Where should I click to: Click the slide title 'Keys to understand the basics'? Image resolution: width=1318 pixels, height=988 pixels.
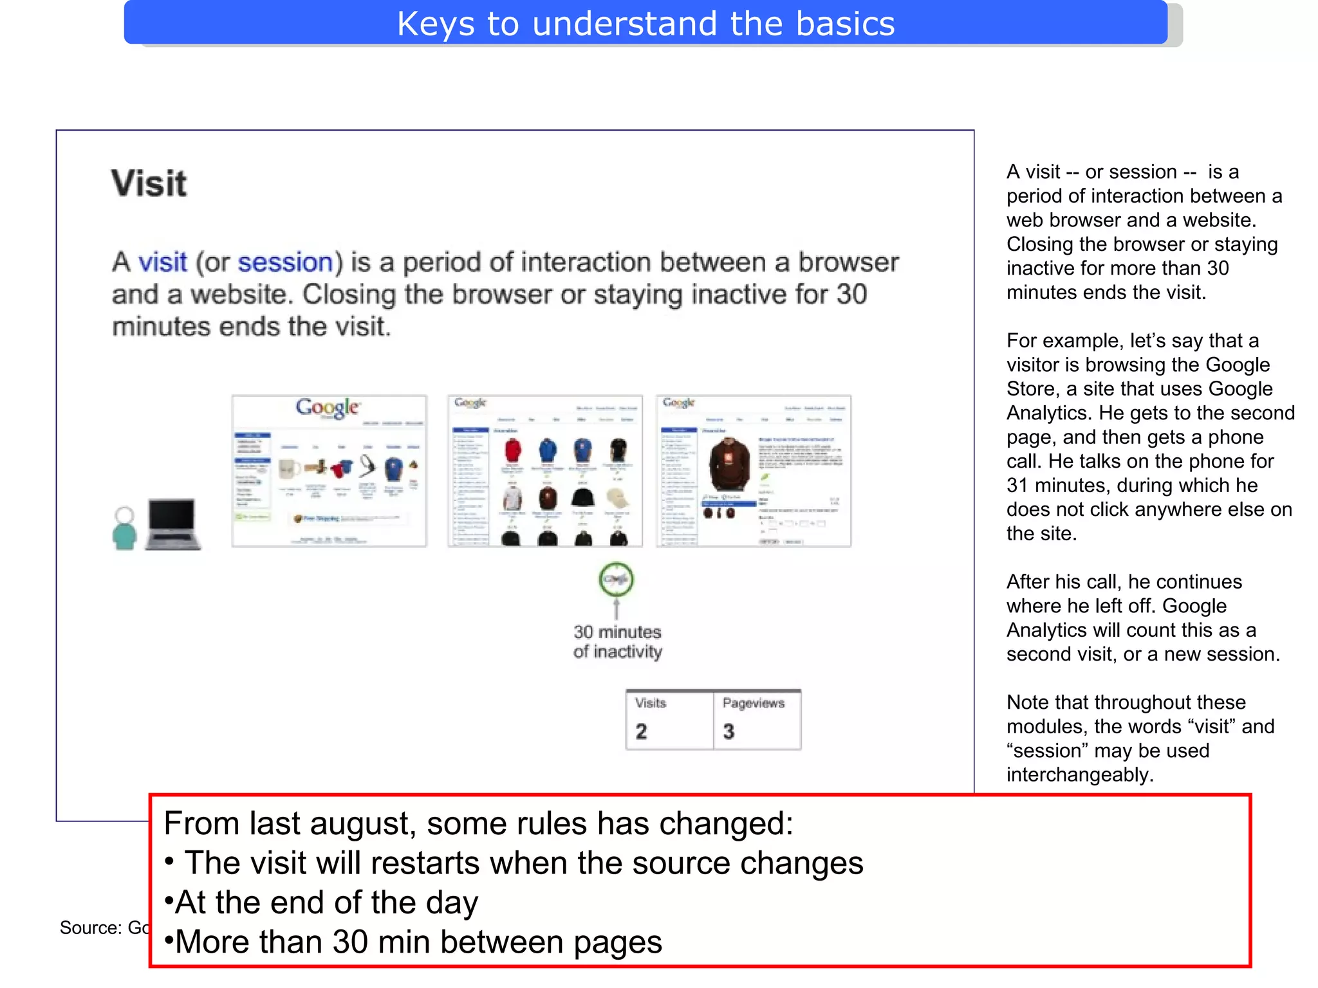click(645, 24)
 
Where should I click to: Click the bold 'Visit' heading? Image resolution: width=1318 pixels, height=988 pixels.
click(149, 183)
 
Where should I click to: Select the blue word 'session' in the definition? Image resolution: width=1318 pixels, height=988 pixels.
click(285, 262)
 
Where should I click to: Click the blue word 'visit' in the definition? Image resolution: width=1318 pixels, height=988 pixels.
click(163, 262)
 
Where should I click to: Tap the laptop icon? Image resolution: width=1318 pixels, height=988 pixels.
click(172, 524)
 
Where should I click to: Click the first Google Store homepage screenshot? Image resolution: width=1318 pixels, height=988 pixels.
click(329, 471)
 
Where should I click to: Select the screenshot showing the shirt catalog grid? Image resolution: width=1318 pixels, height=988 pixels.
click(544, 471)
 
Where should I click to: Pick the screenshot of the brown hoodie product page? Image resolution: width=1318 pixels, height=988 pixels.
click(754, 471)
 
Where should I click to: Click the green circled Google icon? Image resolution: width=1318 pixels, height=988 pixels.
click(616, 579)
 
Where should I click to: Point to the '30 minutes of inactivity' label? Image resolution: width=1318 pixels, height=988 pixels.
click(617, 641)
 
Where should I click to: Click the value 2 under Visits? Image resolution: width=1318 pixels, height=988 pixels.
click(641, 731)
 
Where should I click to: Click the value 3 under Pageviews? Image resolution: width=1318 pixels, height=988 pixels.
click(729, 731)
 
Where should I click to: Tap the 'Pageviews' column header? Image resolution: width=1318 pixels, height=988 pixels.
click(753, 703)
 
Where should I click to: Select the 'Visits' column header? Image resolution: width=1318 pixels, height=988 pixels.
click(650, 703)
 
